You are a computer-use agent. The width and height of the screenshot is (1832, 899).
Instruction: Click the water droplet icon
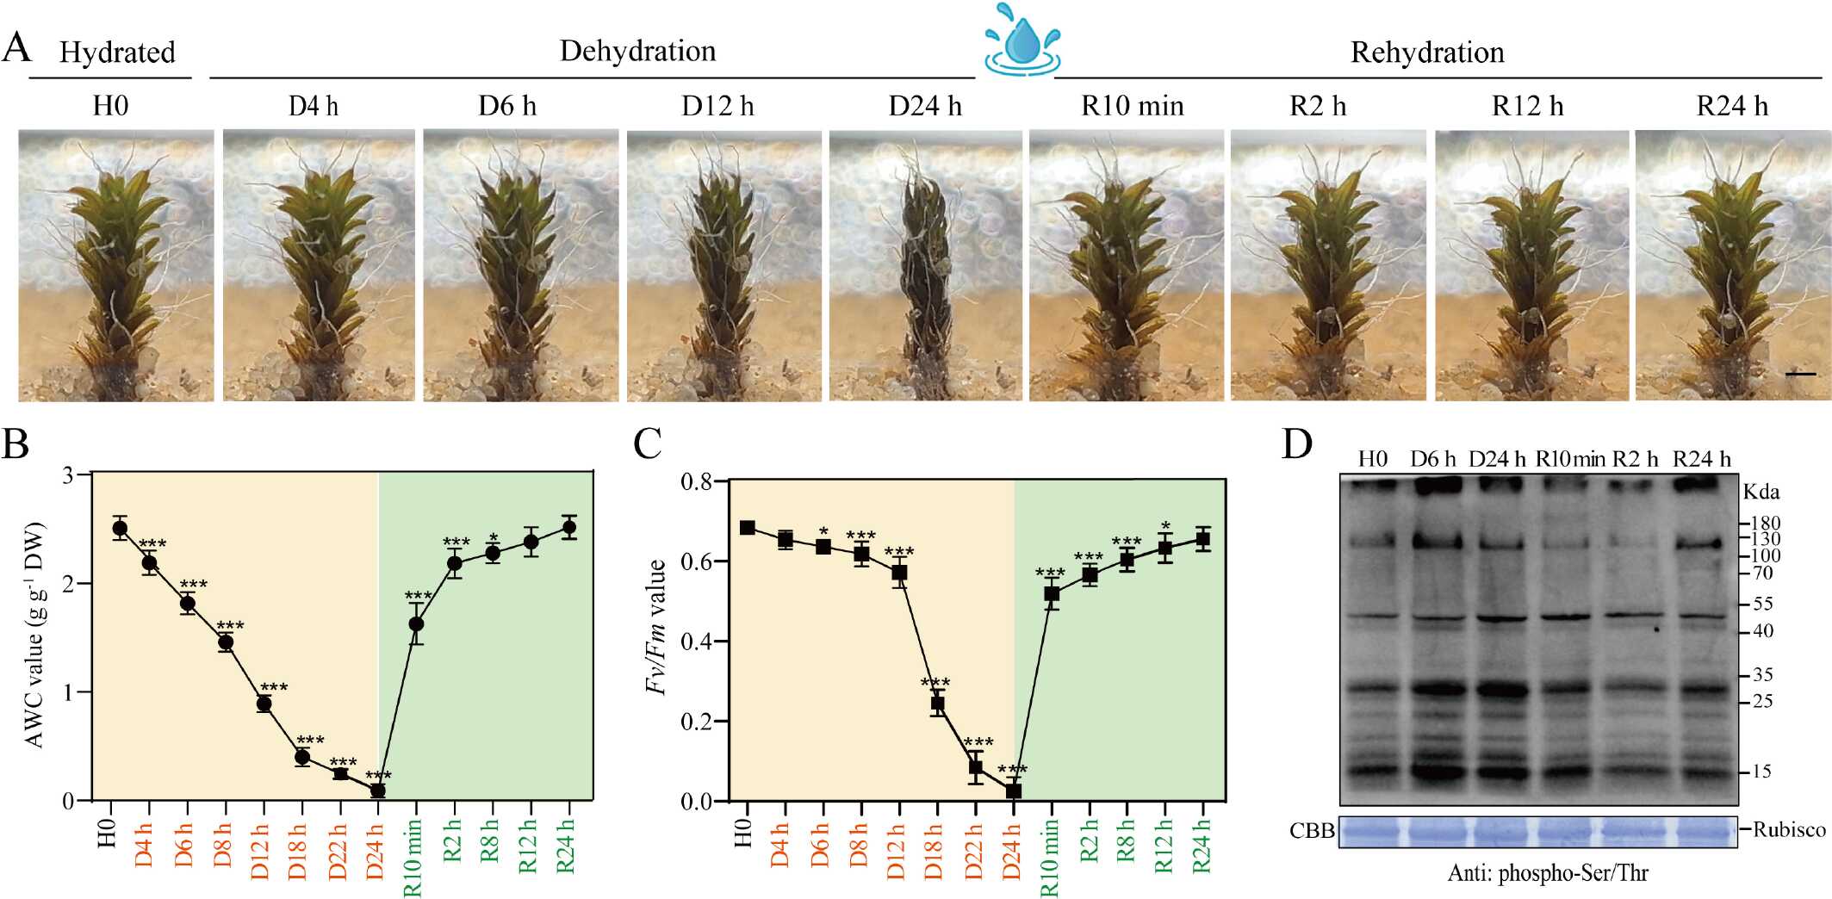[x=1022, y=40]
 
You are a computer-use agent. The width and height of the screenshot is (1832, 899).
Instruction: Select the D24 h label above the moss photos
[x=925, y=106]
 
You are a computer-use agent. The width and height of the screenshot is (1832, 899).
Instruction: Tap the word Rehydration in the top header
[x=1427, y=53]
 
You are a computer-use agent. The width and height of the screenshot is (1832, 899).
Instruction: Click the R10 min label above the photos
[x=1132, y=106]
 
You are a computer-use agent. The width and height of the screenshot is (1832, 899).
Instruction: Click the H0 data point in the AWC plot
[x=120, y=528]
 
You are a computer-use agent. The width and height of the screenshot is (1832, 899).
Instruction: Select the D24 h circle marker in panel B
[x=377, y=790]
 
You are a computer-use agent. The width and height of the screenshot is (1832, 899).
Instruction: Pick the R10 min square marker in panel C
[x=1052, y=593]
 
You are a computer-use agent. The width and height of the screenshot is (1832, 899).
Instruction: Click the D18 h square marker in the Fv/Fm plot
[x=938, y=704]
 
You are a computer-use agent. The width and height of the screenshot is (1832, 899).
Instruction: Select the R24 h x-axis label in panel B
[x=567, y=846]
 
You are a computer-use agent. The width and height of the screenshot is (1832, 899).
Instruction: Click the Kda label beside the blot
[x=1761, y=493]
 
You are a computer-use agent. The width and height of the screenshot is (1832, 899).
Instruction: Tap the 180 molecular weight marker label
[x=1765, y=524]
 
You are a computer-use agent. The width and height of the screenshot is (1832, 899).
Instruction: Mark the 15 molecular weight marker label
[x=1761, y=772]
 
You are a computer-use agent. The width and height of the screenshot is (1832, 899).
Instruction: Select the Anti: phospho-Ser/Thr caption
[x=1547, y=873]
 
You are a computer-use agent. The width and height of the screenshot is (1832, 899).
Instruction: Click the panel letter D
[x=1297, y=444]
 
